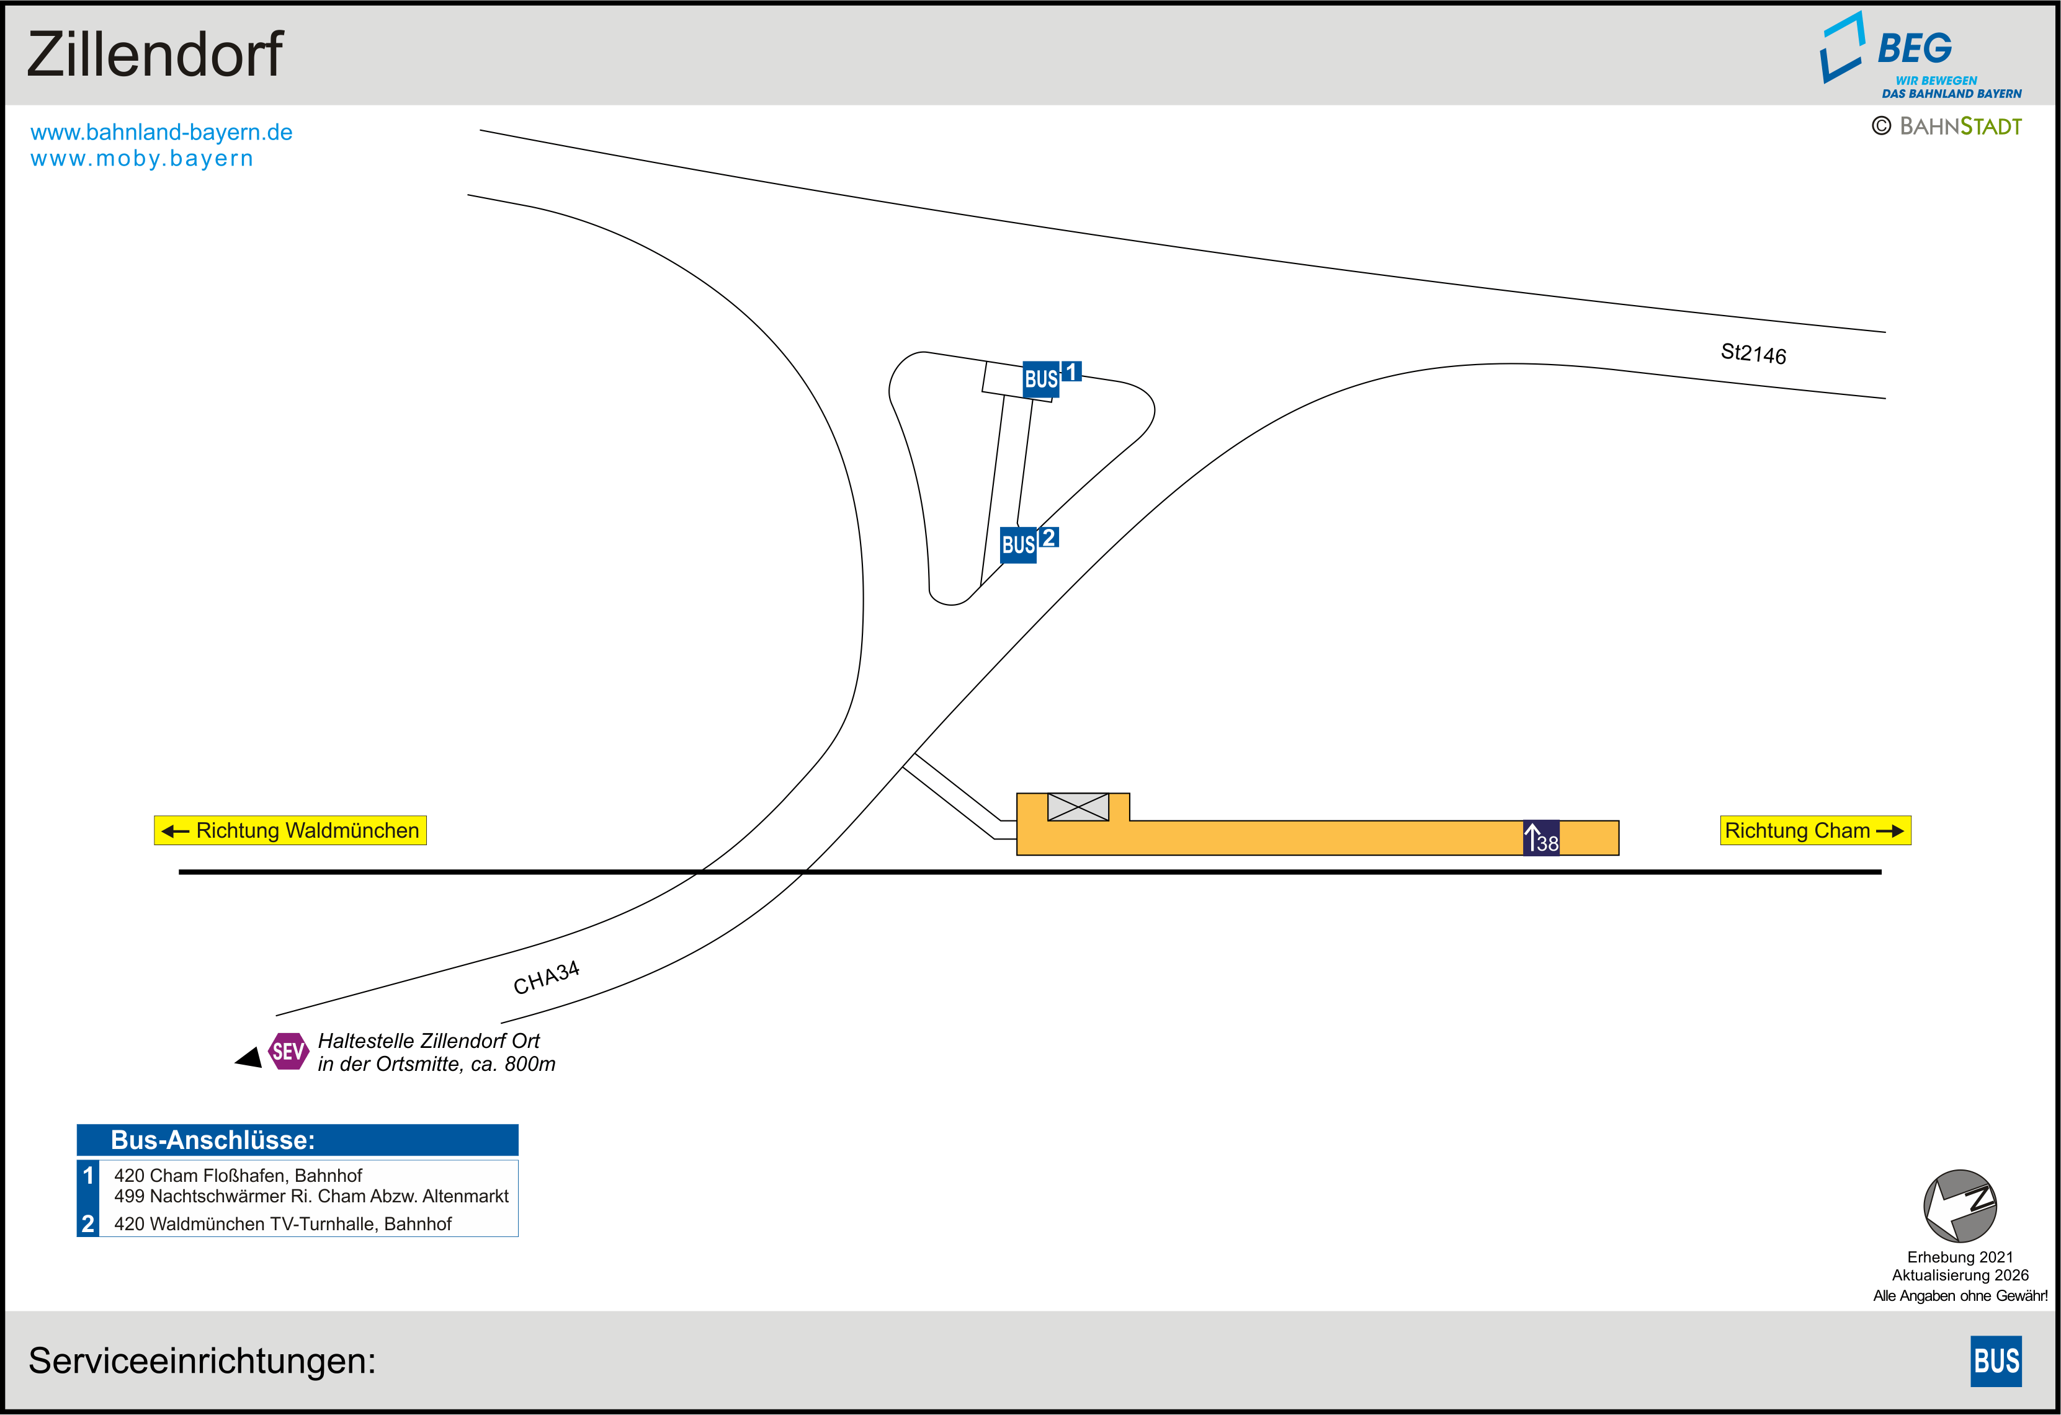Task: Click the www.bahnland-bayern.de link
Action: point(161,132)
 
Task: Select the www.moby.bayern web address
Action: point(142,159)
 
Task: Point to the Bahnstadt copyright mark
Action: point(1947,126)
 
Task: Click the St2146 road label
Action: point(1753,353)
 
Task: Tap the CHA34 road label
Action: point(547,978)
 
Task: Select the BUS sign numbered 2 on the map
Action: point(1029,543)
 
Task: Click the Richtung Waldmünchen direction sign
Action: point(290,831)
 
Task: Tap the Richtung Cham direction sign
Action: point(1815,831)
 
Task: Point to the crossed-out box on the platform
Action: point(1078,807)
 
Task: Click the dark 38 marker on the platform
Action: point(1541,838)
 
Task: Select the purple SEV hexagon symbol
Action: point(288,1052)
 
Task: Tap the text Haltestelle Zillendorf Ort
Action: point(428,1041)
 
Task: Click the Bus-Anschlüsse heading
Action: point(213,1140)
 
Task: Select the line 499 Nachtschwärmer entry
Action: point(311,1196)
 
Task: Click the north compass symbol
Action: point(1960,1206)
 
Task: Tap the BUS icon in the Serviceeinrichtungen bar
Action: point(1996,1361)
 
